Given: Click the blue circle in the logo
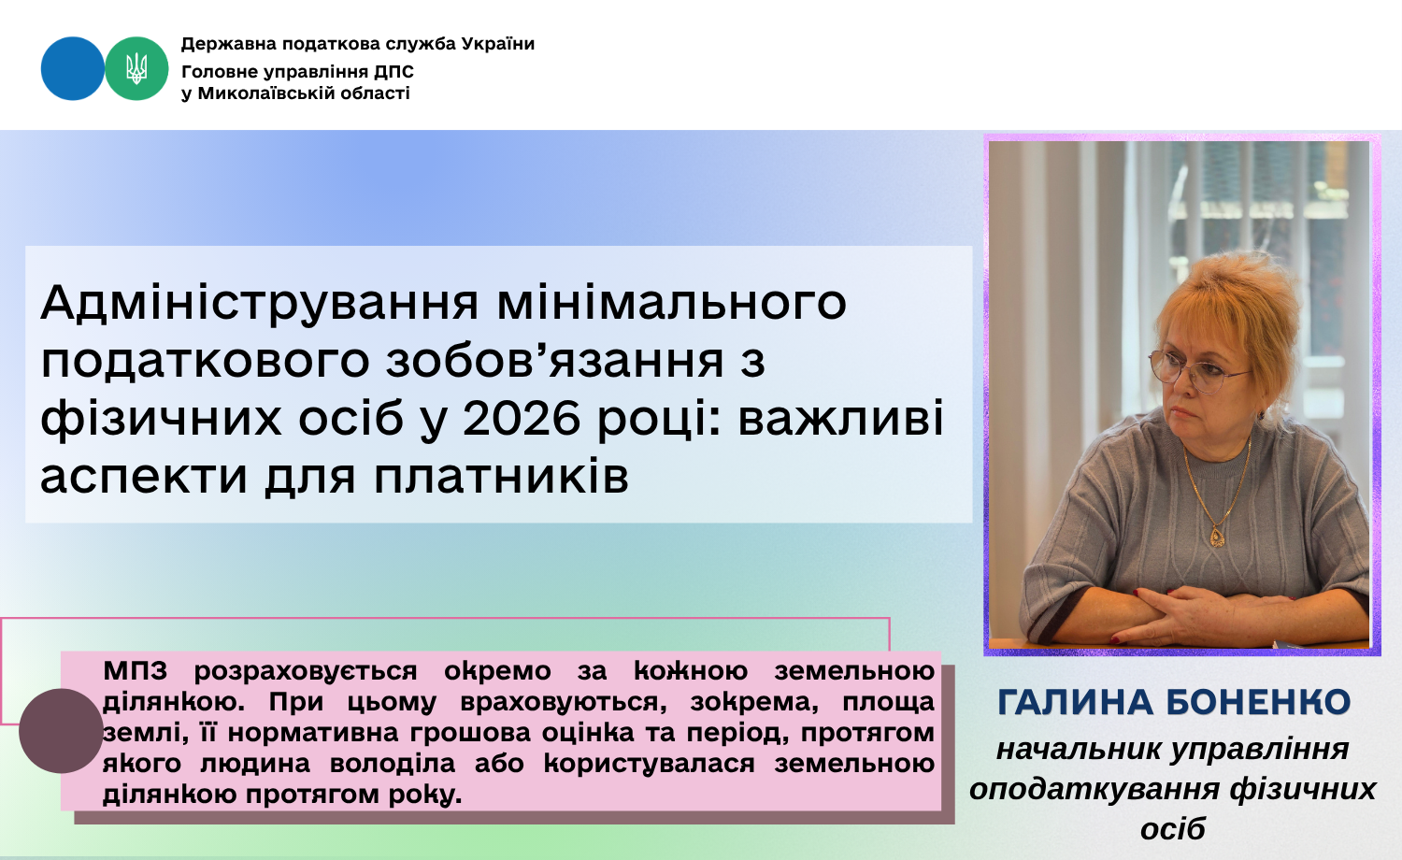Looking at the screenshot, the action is pos(73,68).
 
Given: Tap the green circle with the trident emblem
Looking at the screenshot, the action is pos(136,68).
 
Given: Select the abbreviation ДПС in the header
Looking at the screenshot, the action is pos(394,71).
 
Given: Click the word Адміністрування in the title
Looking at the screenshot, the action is pos(260,304).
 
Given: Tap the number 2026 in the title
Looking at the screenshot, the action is pos(522,419).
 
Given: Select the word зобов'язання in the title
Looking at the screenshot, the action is pos(555,361).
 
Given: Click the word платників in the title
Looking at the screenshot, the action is pos(501,478).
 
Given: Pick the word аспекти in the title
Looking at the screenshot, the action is pos(145,478).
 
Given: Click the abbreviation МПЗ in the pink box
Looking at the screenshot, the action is pos(136,671).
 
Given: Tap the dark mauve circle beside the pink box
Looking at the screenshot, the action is pos(61,730).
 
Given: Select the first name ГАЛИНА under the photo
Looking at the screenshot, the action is pos(1075,702).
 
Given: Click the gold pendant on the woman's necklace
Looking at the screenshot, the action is pos(1217,536).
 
